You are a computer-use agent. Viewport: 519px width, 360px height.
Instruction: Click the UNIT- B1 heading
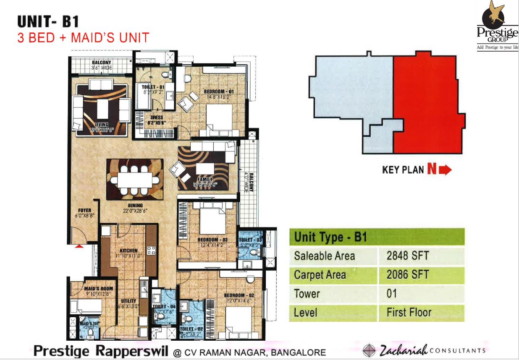coord(48,21)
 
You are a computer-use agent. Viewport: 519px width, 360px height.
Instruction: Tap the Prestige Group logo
coord(497,25)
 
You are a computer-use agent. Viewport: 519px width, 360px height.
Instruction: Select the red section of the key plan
coord(426,105)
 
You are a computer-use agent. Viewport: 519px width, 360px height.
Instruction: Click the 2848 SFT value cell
coord(407,256)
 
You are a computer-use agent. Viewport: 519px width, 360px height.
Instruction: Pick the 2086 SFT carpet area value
coord(407,275)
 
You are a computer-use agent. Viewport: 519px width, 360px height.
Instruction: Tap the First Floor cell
coord(409,313)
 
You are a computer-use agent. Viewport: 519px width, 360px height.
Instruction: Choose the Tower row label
coord(307,294)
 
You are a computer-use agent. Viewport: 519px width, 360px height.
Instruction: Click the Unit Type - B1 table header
coord(331,237)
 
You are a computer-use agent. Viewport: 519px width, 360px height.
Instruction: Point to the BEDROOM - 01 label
coord(218,91)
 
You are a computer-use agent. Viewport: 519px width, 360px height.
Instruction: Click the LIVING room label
coord(102,125)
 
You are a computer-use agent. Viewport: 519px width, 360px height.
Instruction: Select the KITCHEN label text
coord(128,250)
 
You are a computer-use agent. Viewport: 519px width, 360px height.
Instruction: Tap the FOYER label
coord(84,210)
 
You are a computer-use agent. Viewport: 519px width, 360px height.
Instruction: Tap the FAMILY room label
coord(203,180)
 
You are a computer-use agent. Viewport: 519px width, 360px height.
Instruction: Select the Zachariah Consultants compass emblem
coord(369,350)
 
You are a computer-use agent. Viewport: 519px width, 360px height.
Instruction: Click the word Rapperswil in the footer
coord(134,351)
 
